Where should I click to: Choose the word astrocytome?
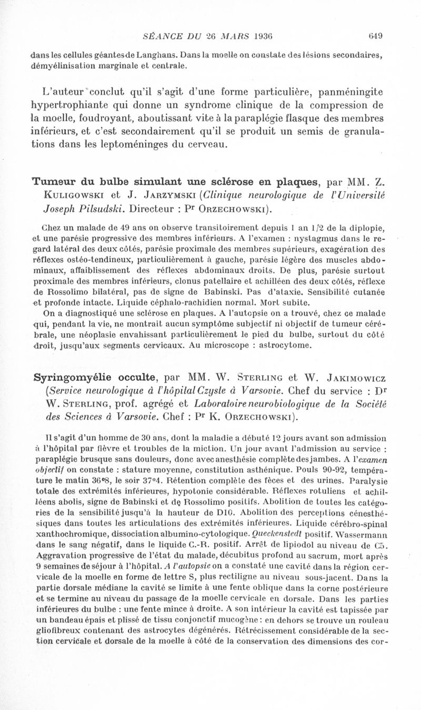point(302,345)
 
